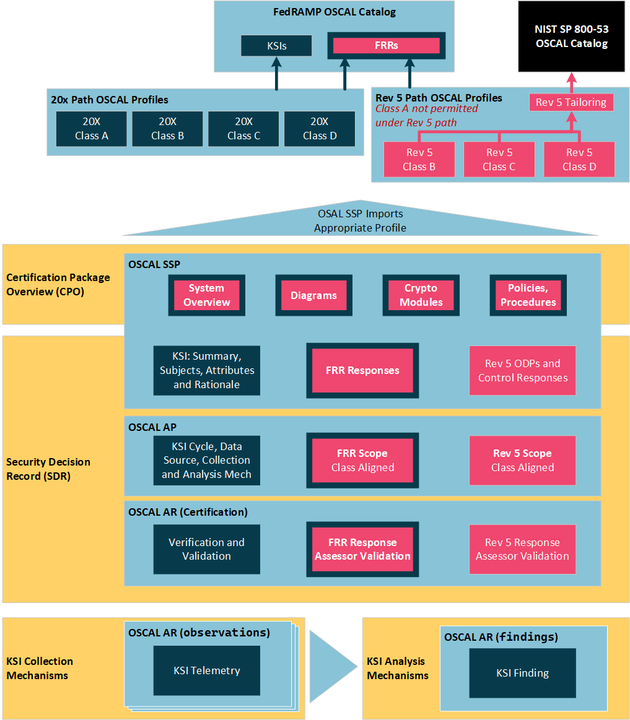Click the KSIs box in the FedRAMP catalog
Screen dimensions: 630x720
pos(276,46)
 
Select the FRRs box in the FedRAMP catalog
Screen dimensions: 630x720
pos(386,45)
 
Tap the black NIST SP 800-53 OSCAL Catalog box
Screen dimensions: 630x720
pos(571,37)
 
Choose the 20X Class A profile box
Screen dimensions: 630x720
pos(92,129)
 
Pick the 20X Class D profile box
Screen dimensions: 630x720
pos(320,129)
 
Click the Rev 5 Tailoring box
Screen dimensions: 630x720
pos(571,102)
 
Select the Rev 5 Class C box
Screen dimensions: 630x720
pos(499,159)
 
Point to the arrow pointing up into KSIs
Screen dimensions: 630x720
pos(276,74)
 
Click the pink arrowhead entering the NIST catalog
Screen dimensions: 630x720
pos(571,77)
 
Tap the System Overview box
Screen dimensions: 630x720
pos(207,295)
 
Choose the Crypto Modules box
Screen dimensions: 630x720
pos(421,295)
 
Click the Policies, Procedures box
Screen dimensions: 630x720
pos(528,295)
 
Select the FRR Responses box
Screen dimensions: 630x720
pos(362,371)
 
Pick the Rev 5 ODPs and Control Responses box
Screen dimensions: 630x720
pos(522,371)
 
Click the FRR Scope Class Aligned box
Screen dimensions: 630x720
pos(362,460)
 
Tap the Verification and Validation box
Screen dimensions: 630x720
pos(207,549)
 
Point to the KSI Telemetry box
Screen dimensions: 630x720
pos(207,670)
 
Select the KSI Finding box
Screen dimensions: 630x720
pos(522,673)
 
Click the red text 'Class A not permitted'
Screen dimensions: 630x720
pos(426,109)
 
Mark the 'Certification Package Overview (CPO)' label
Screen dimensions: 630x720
pos(58,285)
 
